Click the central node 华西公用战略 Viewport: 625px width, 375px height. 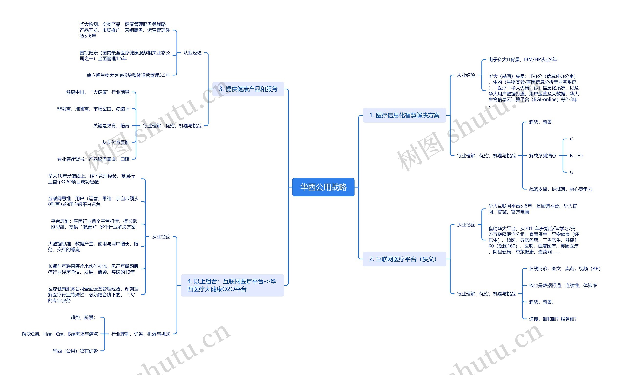[323, 187]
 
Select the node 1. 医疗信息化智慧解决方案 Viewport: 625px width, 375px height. [404, 115]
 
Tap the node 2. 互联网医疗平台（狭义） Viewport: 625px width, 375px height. [404, 259]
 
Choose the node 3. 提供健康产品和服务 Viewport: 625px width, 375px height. [248, 89]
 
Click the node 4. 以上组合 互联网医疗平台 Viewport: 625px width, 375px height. [233, 285]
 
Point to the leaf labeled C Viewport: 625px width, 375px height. [571, 139]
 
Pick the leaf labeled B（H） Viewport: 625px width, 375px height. [576, 156]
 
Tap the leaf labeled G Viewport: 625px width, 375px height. [572, 172]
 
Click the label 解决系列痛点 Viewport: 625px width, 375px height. [542, 156]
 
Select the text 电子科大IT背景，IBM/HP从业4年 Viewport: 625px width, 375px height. [522, 59]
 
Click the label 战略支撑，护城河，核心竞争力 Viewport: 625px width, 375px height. [561, 189]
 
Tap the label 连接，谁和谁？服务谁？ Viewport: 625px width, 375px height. [553, 319]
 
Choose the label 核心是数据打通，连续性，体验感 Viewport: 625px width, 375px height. [563, 285]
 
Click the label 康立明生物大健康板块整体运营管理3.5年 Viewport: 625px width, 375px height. [128, 75]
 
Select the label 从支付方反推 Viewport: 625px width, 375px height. [116, 142]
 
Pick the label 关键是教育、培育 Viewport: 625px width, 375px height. [111, 126]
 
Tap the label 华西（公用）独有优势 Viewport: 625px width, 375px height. [75, 351]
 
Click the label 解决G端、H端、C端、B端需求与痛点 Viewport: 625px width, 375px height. [60, 334]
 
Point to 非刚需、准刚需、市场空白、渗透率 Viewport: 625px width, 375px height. [93, 109]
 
